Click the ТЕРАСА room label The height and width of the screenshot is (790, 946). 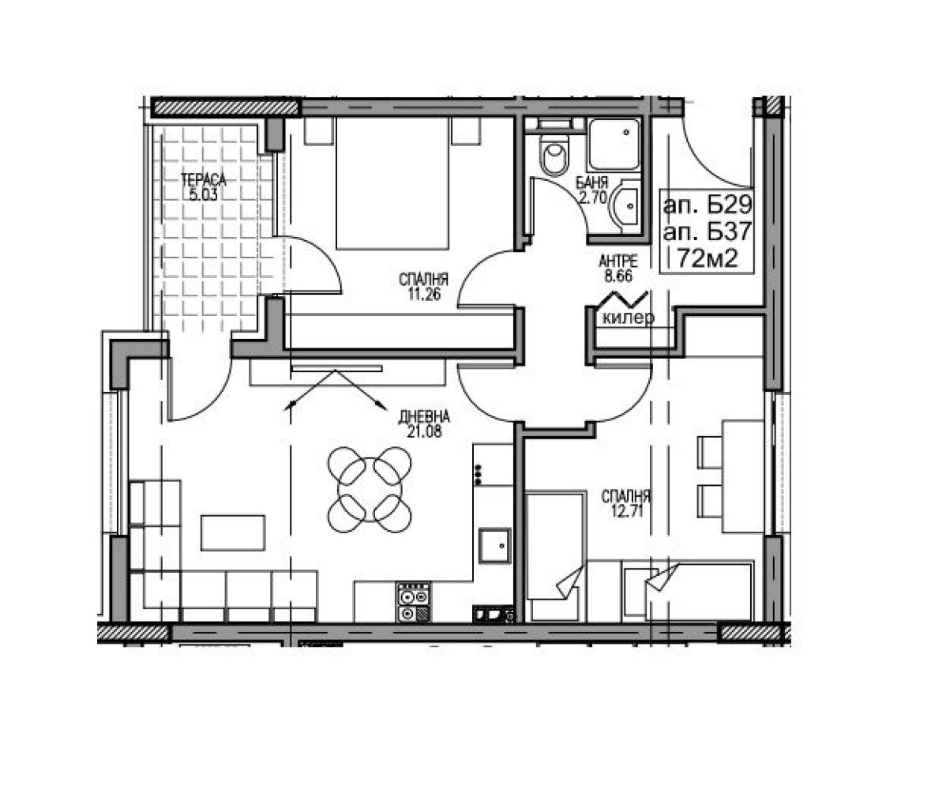[x=204, y=179]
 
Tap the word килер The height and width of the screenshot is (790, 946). [x=628, y=318]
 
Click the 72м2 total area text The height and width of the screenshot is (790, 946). [x=707, y=259]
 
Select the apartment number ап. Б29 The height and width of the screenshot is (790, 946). [x=707, y=206]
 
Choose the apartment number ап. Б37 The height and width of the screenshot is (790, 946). [x=707, y=232]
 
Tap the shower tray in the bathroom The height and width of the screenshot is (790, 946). [x=615, y=145]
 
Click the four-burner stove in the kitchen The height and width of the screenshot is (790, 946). [x=413, y=602]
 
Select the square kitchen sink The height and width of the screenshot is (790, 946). [x=495, y=546]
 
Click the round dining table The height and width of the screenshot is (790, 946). [x=370, y=490]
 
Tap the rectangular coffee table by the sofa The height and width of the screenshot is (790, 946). [x=233, y=532]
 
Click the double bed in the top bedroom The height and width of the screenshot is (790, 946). [x=392, y=183]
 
